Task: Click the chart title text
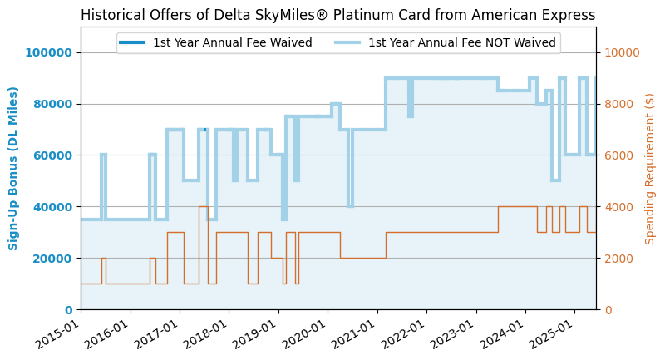[x=338, y=15]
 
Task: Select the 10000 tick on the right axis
[x=622, y=52]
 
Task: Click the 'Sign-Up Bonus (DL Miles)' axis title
[x=13, y=168]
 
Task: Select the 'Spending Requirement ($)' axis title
[x=650, y=169]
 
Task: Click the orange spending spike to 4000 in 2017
[x=204, y=207]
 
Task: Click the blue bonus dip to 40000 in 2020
[x=350, y=206]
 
